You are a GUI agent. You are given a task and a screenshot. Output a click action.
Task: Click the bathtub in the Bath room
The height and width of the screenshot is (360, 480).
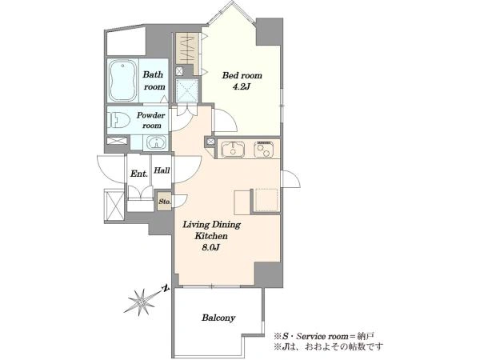click(122, 81)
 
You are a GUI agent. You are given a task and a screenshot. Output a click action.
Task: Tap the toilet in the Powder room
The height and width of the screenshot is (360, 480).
click(118, 120)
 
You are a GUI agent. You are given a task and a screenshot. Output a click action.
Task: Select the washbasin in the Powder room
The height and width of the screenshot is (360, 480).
click(157, 142)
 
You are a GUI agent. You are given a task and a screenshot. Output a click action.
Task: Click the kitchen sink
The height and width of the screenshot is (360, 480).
click(234, 149)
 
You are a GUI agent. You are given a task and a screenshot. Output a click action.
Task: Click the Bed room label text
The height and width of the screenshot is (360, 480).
click(242, 75)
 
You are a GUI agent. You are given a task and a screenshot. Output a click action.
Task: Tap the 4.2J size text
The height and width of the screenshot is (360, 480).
click(242, 87)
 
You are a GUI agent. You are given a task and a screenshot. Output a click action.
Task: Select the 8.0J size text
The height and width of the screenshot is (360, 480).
click(211, 247)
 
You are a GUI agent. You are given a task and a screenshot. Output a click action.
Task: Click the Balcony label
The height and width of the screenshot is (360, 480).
click(218, 318)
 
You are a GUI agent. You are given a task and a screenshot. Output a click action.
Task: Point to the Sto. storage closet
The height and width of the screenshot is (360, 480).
click(164, 201)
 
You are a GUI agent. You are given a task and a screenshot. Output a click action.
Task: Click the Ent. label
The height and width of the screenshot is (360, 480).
click(139, 174)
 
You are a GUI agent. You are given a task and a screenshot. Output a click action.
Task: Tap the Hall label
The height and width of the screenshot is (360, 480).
click(162, 170)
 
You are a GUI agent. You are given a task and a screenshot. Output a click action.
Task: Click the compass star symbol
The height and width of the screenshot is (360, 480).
click(141, 302)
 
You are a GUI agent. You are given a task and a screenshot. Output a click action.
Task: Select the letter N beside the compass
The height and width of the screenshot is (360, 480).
click(166, 288)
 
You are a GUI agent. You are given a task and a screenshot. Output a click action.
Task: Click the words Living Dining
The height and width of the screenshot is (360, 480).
click(211, 225)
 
